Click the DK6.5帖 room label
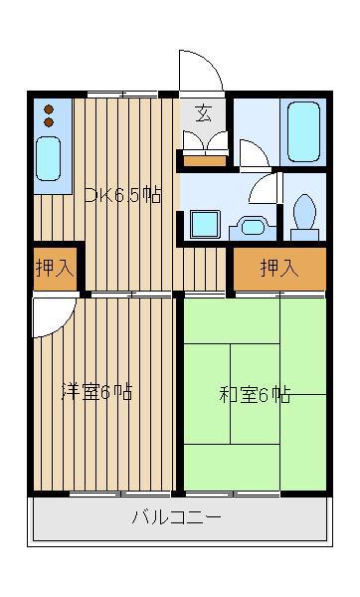pyautogui.click(x=123, y=195)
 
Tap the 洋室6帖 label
pyautogui.click(x=97, y=392)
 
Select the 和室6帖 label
pyautogui.click(x=255, y=395)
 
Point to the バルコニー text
pyautogui.click(x=177, y=517)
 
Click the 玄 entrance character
pyautogui.click(x=204, y=113)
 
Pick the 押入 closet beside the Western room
pyautogui.click(x=55, y=269)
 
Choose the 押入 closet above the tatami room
pyautogui.click(x=279, y=269)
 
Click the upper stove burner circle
pyautogui.click(x=49, y=109)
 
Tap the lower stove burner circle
pyautogui.click(x=49, y=122)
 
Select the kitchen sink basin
pyautogui.click(x=49, y=158)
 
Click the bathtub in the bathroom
pyautogui.click(x=303, y=131)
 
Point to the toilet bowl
pyautogui.click(x=305, y=212)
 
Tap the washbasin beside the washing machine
pyautogui.click(x=253, y=228)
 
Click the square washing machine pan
pyautogui.click(x=205, y=224)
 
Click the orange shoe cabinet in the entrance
pyautogui.click(x=205, y=161)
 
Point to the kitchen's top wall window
pyautogui.click(x=122, y=94)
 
